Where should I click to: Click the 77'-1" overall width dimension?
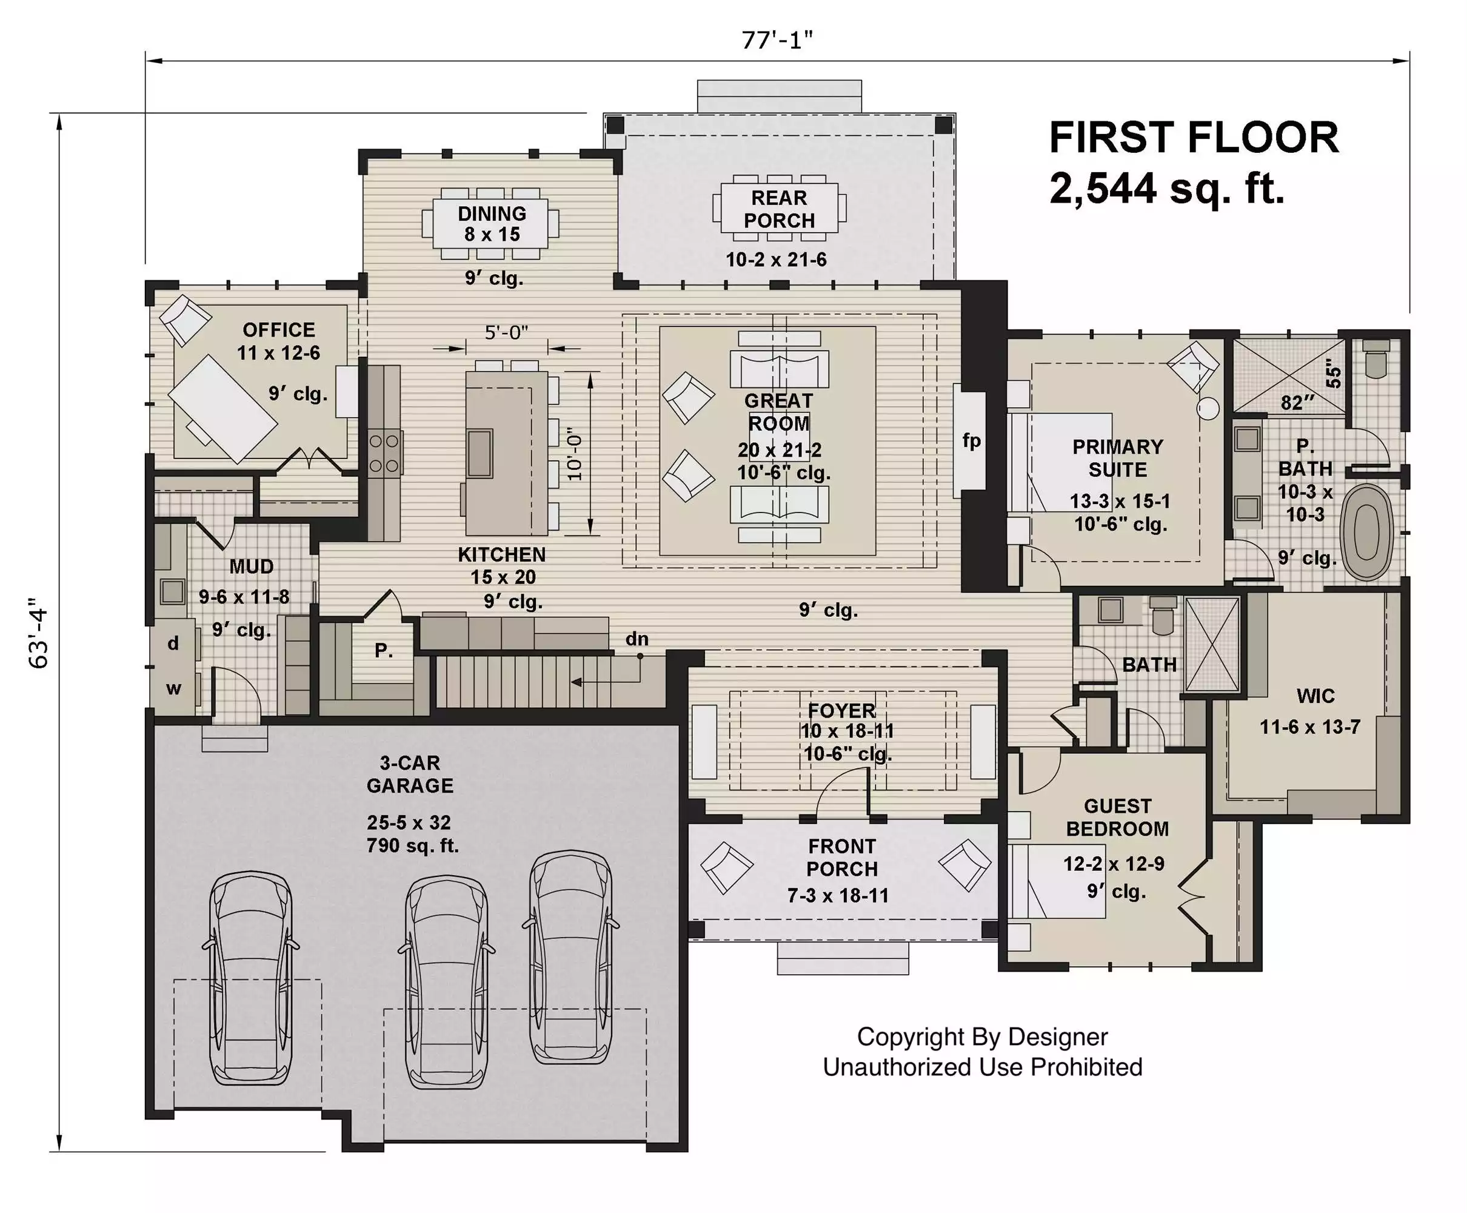pyautogui.click(x=777, y=41)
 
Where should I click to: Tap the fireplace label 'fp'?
pyautogui.click(x=971, y=441)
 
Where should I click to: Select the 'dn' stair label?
pyautogui.click(x=637, y=639)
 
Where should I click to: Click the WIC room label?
pyautogui.click(x=1315, y=696)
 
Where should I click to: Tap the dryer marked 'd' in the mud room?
pyautogui.click(x=173, y=643)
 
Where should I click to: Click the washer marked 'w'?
pyautogui.click(x=173, y=688)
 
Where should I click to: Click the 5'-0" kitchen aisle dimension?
pyautogui.click(x=506, y=332)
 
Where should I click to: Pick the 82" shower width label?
pyautogui.click(x=1297, y=403)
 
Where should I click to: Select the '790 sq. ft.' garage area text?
pyautogui.click(x=413, y=845)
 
